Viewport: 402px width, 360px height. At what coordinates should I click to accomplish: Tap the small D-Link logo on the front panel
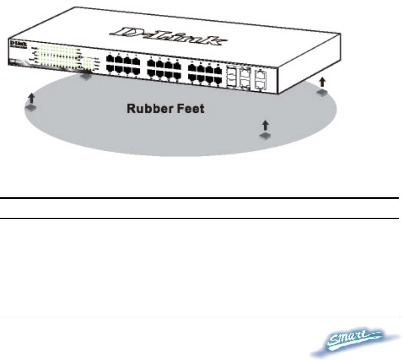tap(15, 42)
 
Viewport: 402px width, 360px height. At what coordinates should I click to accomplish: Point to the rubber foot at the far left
tap(31, 108)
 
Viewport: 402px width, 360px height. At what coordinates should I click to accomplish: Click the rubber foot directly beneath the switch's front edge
tap(86, 77)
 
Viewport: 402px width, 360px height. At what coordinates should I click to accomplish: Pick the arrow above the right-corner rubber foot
tap(322, 83)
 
